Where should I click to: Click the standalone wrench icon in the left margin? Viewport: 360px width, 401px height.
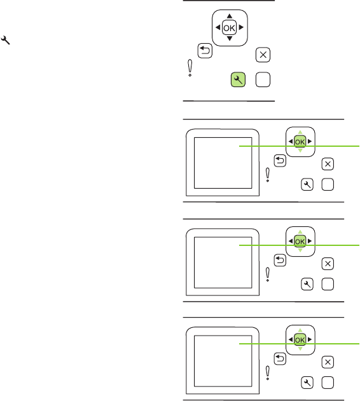pos(5,40)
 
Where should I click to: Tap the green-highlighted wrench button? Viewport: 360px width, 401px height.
pos(238,79)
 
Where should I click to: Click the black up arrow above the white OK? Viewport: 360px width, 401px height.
pos(230,16)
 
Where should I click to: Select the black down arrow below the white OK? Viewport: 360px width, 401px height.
pos(230,39)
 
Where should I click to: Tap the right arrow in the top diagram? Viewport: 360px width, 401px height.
pos(241,27)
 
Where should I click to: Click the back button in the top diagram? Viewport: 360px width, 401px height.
pos(205,51)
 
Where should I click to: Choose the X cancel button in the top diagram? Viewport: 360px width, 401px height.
pos(263,55)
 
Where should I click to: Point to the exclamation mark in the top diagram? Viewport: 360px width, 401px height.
pos(190,68)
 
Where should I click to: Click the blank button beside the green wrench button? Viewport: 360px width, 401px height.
pos(263,79)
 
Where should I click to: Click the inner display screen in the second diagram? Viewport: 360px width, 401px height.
pos(223,163)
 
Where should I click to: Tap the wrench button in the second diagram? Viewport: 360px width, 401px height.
pos(307,184)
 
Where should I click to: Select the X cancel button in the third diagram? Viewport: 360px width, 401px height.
pos(328,264)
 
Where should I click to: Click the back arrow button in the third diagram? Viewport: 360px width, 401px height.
pos(280,261)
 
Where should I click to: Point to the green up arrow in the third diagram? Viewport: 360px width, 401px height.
pos(300,232)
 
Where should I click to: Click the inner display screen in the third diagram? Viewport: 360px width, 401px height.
pos(223,262)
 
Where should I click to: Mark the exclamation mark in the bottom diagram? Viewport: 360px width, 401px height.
pos(268,373)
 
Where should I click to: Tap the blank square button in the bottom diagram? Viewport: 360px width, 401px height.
pos(328,383)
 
